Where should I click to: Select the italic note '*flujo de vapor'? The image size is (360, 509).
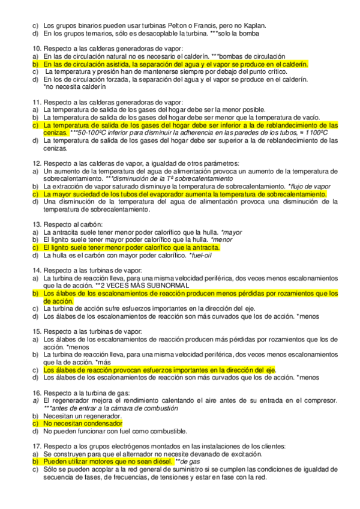pyautogui.click(x=310, y=187)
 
